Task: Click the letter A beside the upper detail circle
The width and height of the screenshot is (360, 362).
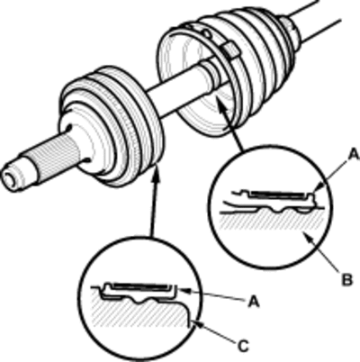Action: click(354, 155)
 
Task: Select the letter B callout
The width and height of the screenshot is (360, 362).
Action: click(347, 280)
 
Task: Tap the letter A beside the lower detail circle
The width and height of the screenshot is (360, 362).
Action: click(254, 302)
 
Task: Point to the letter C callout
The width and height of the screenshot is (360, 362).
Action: click(244, 347)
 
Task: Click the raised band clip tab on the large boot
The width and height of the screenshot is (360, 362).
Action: click(231, 50)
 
